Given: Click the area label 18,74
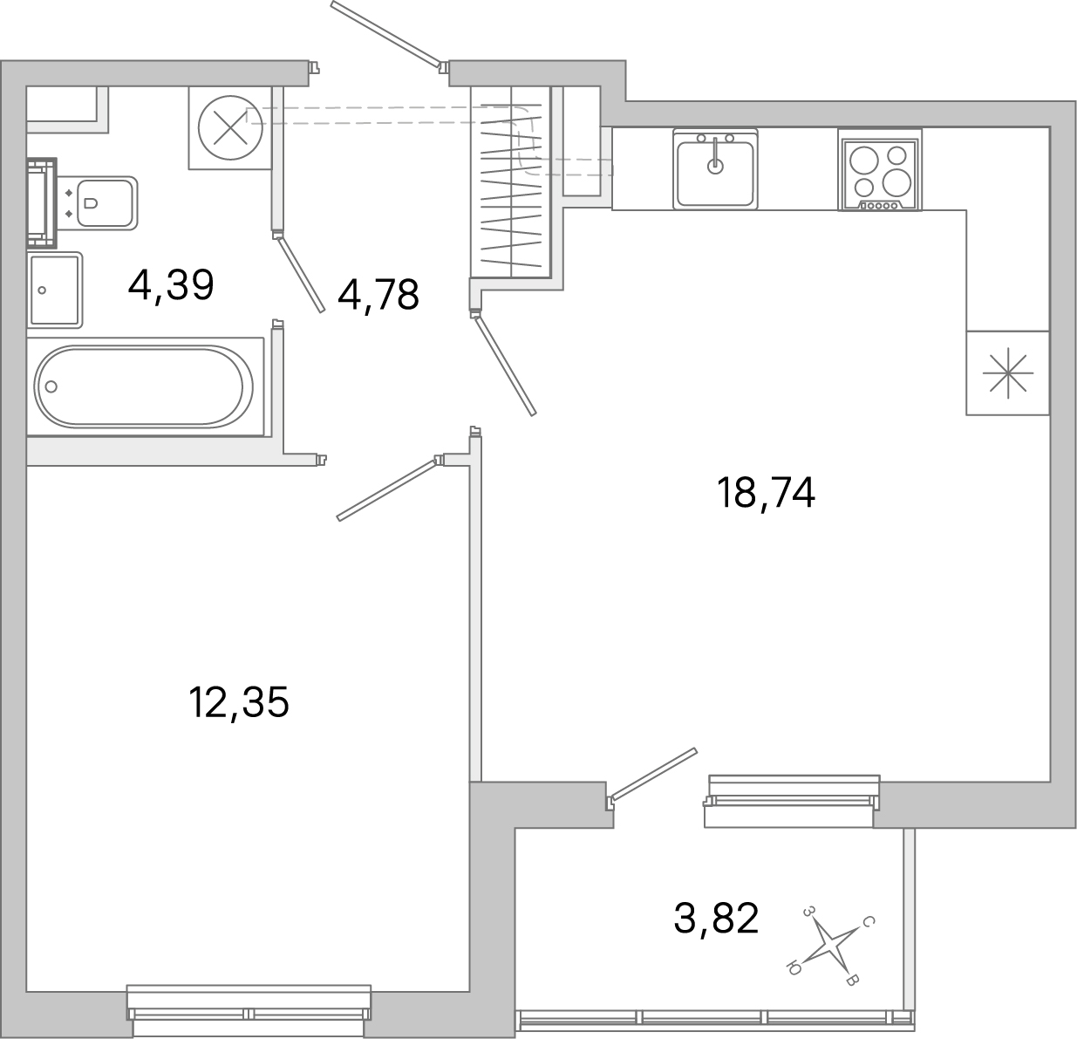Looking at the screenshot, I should click(765, 494).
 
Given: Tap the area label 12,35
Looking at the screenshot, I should click(238, 702).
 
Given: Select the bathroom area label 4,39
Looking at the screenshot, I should click(171, 284).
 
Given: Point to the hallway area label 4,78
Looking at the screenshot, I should click(378, 295).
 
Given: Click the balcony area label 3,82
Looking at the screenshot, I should click(716, 918).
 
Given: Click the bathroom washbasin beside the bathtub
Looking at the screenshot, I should click(55, 290).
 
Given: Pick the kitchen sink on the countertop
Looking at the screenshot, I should click(715, 168).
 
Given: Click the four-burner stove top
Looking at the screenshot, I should click(879, 170).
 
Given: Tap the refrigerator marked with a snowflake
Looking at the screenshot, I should click(1007, 373).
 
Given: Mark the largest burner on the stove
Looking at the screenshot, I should click(898, 181).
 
